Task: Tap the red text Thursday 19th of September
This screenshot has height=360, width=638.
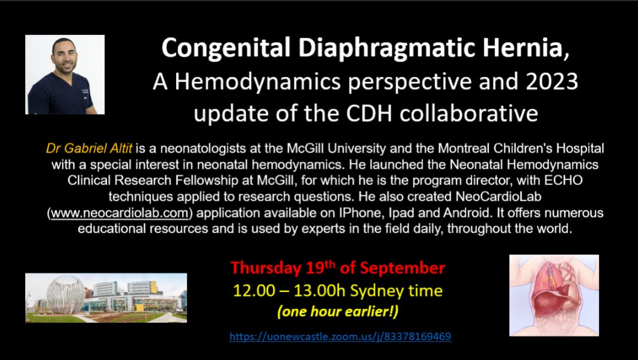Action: [338, 267]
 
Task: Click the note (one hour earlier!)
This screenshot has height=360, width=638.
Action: [338, 313]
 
